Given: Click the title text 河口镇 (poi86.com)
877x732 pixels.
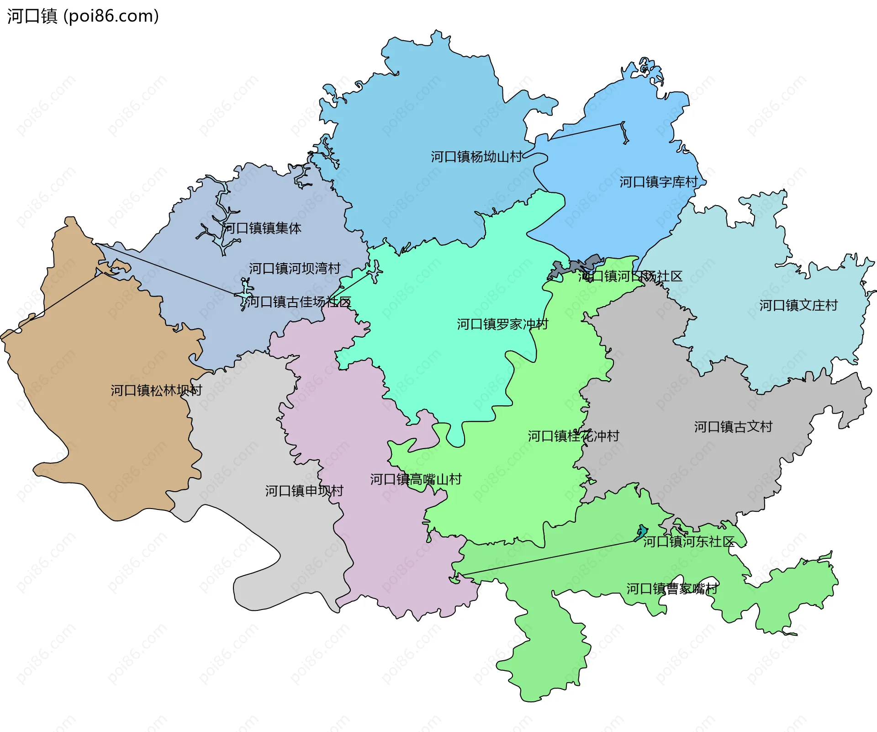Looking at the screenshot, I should (x=83, y=16).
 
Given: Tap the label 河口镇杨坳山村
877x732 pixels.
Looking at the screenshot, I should (x=476, y=157).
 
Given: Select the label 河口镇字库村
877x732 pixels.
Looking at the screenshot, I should (x=658, y=182).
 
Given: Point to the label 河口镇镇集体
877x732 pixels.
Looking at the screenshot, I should (x=262, y=228).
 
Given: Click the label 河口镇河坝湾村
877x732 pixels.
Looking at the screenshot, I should (x=295, y=268).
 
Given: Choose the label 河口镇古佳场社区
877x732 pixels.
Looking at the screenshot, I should (x=298, y=302).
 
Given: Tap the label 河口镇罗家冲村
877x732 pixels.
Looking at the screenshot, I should (x=502, y=324).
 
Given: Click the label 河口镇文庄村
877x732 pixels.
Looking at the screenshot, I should (x=798, y=305).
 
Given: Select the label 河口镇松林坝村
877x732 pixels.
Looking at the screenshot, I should (x=156, y=390).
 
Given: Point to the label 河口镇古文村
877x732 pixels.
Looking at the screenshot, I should (x=733, y=427).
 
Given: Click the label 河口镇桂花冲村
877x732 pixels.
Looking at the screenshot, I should (x=574, y=436).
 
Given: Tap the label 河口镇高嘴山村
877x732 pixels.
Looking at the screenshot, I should (x=416, y=479).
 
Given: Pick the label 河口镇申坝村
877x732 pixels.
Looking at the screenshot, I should (x=304, y=491).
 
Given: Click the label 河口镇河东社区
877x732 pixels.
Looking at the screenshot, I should (x=688, y=541).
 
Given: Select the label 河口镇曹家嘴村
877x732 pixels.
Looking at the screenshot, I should (x=672, y=589).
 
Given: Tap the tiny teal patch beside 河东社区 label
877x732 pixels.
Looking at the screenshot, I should (x=641, y=532).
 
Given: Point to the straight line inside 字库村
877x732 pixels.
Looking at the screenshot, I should (x=587, y=131).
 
